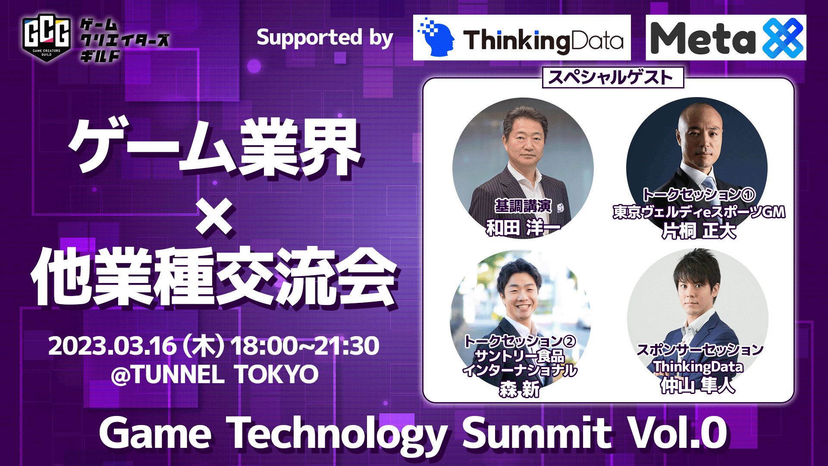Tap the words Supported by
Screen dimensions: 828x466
coord(325,38)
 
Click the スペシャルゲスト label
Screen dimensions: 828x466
coord(612,78)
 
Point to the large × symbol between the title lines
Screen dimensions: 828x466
coord(214,216)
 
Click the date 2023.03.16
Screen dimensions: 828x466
coord(113,346)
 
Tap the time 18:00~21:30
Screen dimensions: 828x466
coord(304,346)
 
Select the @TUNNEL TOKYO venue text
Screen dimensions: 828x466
coord(215,374)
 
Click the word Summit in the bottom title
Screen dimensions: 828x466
coord(537,433)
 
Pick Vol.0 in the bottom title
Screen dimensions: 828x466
coord(677,433)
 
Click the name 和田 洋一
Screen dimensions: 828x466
coord(523,228)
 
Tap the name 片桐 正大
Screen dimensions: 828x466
coord(699,231)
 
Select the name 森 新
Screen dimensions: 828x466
coord(520,390)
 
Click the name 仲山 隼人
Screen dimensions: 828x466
coord(698,385)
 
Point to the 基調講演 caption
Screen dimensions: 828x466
coord(523,206)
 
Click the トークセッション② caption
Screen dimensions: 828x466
coord(520,342)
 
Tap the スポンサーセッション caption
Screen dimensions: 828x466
coord(699,349)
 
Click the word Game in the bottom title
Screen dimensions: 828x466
coord(155,433)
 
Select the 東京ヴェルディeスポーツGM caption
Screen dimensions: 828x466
coord(699,212)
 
